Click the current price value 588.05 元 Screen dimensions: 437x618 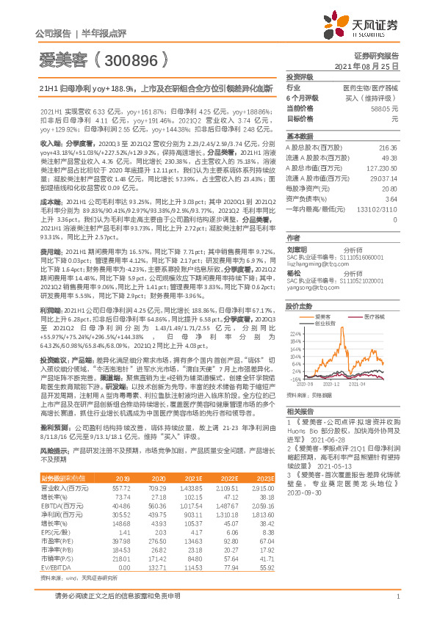click(385, 108)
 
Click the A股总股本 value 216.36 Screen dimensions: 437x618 click(387, 148)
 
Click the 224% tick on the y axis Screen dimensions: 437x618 click(295, 332)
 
